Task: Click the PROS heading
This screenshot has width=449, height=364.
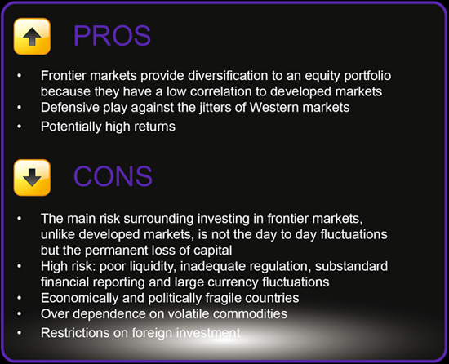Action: tap(112, 36)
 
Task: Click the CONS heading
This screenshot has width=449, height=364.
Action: tap(113, 176)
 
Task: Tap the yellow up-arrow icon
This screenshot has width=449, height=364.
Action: tap(32, 37)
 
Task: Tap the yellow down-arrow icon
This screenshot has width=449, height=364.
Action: tap(32, 177)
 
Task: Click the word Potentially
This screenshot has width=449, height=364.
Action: tap(71, 127)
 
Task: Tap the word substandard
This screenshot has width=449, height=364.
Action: tap(351, 266)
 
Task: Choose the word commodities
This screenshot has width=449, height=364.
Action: tap(250, 314)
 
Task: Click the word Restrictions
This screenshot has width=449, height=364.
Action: tap(75, 333)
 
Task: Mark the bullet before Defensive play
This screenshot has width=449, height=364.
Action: tap(20, 108)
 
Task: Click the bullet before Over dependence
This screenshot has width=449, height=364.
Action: tap(20, 314)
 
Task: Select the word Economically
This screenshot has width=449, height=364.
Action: tap(80, 298)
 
